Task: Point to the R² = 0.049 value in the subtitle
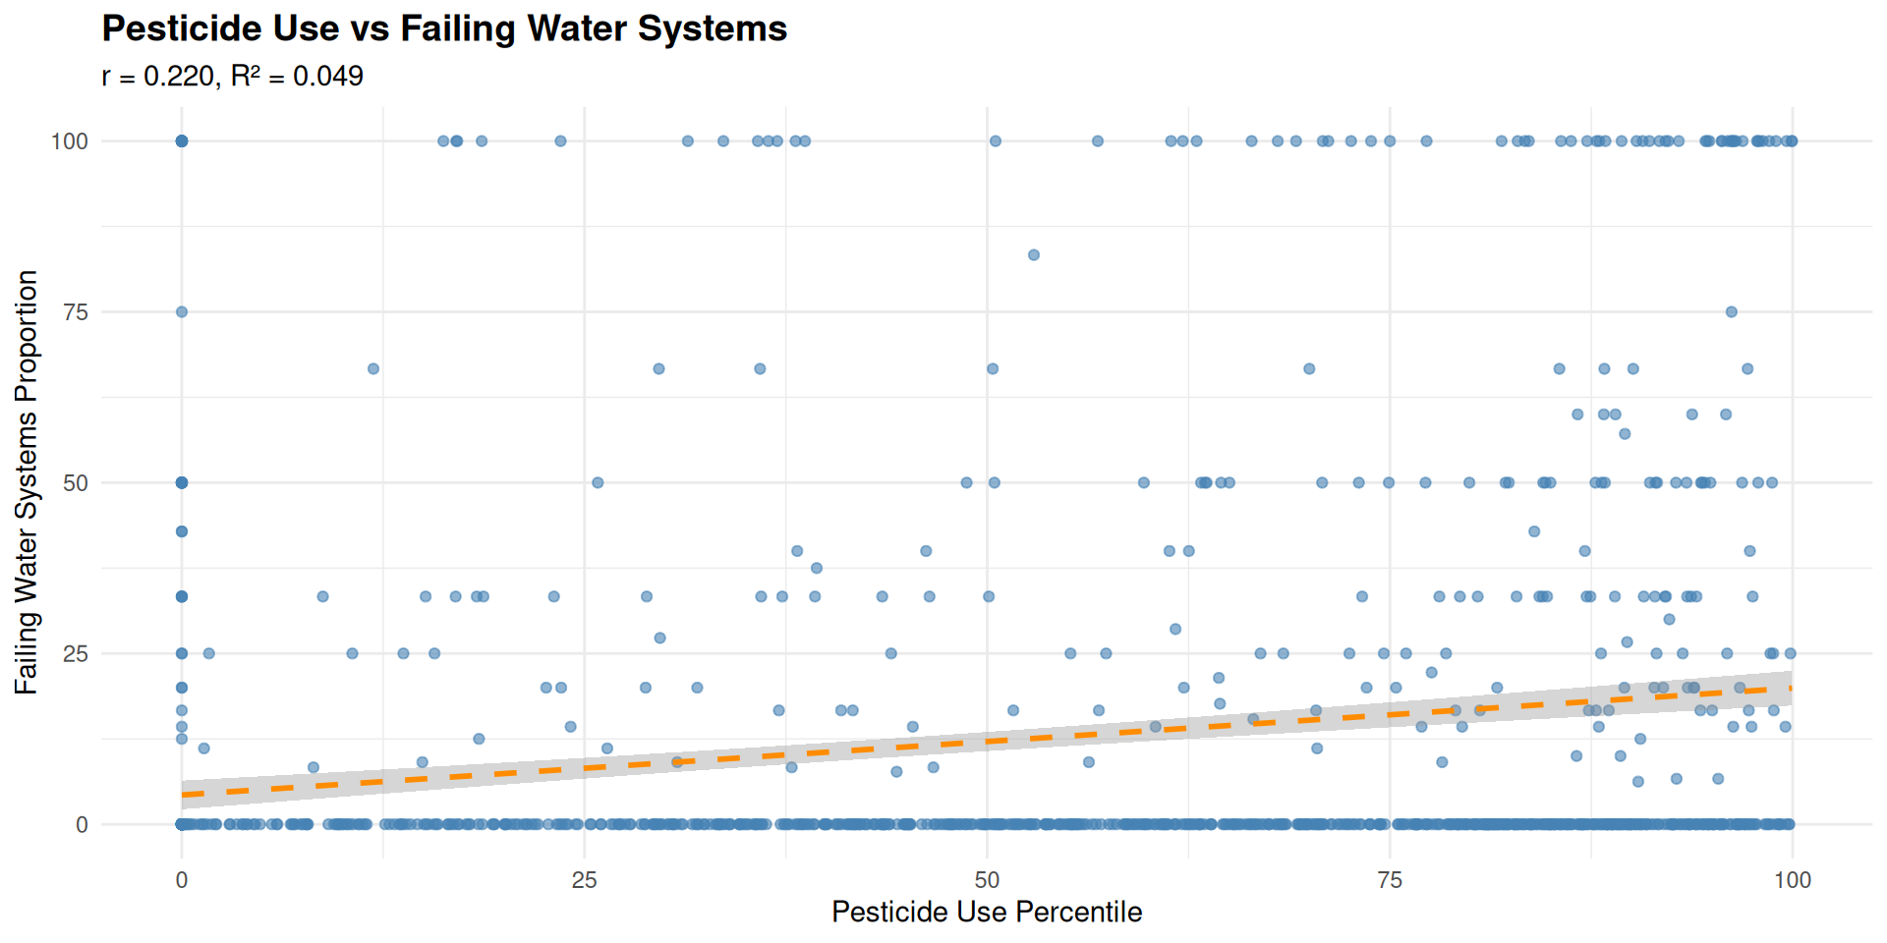pos(298,77)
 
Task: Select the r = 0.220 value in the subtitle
pos(158,77)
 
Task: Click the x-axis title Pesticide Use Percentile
pos(987,912)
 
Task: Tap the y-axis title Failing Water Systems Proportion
pos(27,482)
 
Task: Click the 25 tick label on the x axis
pos(584,880)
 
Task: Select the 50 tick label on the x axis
pos(987,880)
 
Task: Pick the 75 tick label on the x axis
pos(1390,880)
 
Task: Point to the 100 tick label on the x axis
pos(1792,880)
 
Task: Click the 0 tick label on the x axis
pos(182,880)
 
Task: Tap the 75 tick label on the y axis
pos(76,312)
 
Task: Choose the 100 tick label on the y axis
pos(70,141)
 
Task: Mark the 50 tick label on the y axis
pos(76,483)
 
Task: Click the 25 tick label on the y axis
pos(76,654)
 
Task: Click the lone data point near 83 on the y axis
pos(1033,255)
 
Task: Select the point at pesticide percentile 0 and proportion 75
pos(182,312)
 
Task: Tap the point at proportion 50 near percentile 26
pos(598,482)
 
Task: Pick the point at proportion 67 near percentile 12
pos(373,369)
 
